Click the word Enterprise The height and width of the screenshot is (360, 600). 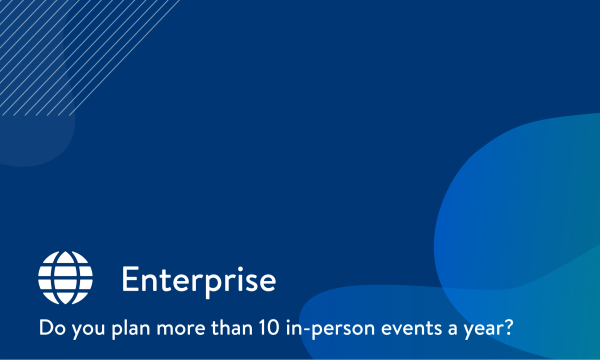pyautogui.click(x=198, y=279)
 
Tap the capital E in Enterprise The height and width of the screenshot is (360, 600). pyautogui.click(x=130, y=279)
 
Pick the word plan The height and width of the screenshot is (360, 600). pyautogui.click(x=129, y=328)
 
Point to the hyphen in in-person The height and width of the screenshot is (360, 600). pyautogui.click(x=309, y=329)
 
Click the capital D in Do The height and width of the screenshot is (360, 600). pyautogui.click(x=43, y=327)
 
